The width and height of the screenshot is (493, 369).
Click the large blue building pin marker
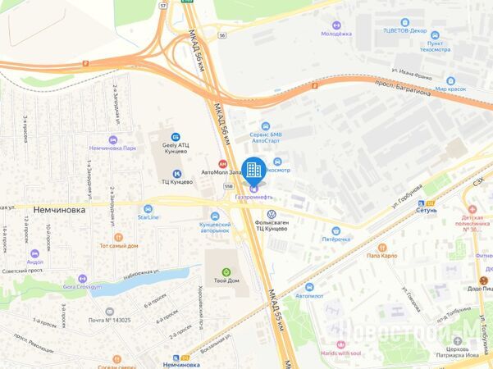(x=253, y=168)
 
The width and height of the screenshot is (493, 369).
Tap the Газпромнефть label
(x=253, y=198)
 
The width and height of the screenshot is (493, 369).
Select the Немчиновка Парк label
(x=112, y=148)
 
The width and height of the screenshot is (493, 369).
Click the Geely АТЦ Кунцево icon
(x=175, y=137)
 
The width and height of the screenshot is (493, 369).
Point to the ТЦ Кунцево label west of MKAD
(x=176, y=181)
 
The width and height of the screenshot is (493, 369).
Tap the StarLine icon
(x=148, y=209)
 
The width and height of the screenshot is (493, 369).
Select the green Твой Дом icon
(x=226, y=272)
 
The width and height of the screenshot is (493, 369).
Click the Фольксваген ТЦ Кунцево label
(x=272, y=225)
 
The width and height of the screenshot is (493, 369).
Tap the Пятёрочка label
(x=335, y=239)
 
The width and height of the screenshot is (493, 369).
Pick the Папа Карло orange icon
(x=381, y=246)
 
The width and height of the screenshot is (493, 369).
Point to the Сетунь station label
(x=427, y=210)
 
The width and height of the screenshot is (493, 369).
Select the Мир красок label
(x=450, y=88)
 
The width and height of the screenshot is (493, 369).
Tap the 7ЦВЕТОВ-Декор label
(x=404, y=31)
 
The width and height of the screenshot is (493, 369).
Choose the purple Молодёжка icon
(x=335, y=24)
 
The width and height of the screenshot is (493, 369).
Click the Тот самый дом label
(x=118, y=246)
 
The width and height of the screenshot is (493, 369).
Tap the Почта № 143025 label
(x=109, y=320)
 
